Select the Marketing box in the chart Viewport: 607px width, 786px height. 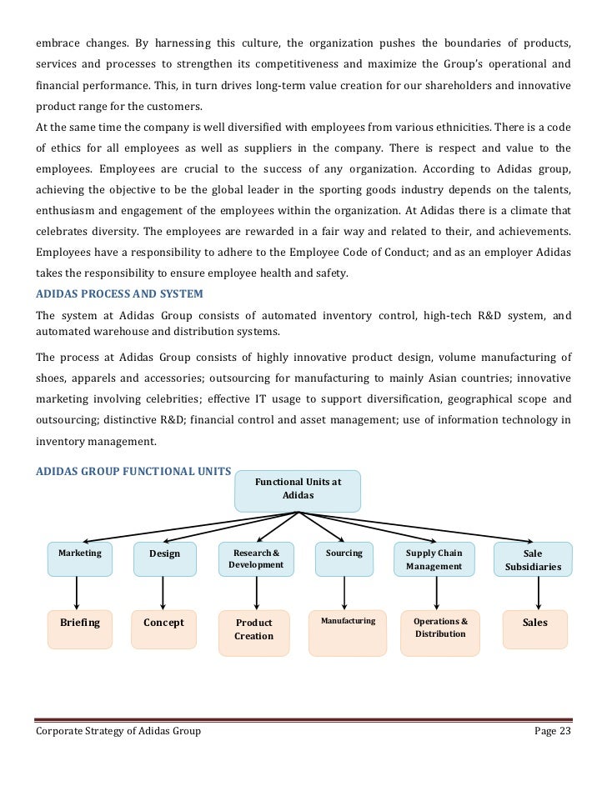(80, 558)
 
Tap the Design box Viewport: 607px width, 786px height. (164, 559)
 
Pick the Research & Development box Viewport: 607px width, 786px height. (256, 559)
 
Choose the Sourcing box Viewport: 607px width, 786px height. (344, 558)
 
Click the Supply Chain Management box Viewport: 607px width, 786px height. (434, 559)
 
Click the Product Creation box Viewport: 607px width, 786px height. (254, 629)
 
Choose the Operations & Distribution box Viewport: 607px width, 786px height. (441, 628)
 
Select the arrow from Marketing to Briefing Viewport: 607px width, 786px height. (78, 593)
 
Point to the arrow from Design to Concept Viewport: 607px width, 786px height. (163, 593)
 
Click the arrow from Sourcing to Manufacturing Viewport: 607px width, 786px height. (344, 593)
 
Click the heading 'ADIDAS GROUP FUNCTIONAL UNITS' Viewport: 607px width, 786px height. (134, 471)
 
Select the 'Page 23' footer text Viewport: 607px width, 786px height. (551, 731)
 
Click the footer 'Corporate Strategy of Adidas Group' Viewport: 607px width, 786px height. (118, 731)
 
